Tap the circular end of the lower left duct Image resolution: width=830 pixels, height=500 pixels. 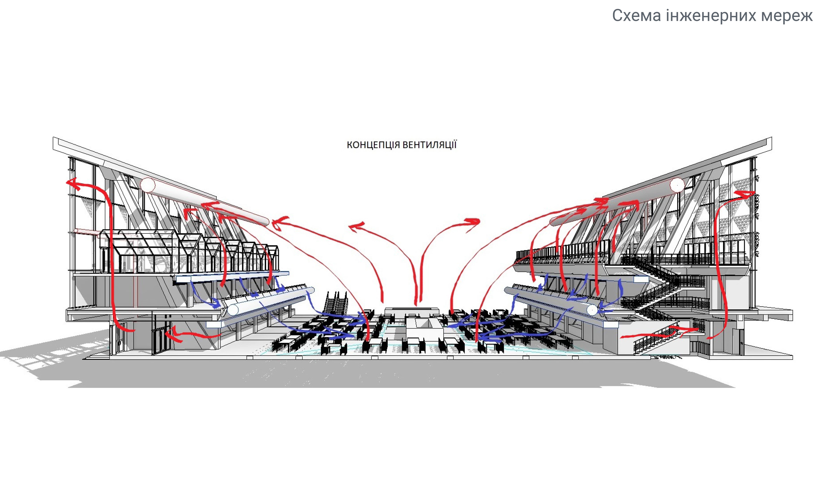[x=233, y=309]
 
